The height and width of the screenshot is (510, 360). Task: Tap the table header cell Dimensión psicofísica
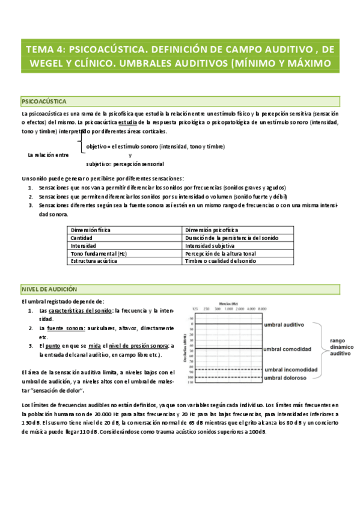click(211, 230)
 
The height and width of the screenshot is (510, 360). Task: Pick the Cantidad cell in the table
click(82, 238)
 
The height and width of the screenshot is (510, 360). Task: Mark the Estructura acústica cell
click(94, 261)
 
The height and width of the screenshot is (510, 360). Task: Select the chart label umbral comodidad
click(288, 349)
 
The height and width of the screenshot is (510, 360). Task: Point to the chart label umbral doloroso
click(285, 378)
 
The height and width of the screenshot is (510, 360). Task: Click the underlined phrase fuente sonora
click(62, 328)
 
